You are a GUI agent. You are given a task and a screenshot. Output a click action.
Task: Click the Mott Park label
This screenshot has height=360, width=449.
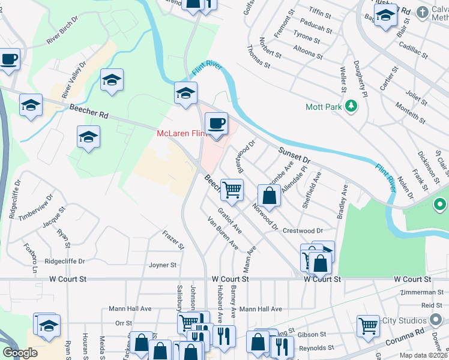(323, 107)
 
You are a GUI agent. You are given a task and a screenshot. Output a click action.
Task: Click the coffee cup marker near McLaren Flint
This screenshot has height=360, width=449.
(216, 124)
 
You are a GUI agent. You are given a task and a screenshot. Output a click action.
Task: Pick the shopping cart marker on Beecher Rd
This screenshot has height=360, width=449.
(232, 190)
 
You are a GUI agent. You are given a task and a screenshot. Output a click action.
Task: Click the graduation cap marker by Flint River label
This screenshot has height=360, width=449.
(186, 94)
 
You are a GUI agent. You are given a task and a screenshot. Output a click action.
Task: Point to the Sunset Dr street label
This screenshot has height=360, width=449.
(294, 157)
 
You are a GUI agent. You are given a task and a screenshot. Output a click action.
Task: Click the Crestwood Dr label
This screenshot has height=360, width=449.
(303, 230)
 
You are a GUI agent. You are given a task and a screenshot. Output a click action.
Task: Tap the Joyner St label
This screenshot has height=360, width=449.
(162, 265)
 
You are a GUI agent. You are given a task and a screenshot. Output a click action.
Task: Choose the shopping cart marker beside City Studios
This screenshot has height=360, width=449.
(368, 326)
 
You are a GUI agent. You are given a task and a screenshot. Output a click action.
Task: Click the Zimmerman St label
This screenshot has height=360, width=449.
(423, 292)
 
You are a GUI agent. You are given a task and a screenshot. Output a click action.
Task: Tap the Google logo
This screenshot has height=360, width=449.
(20, 353)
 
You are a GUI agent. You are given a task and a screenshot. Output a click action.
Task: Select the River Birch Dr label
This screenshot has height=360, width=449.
(62, 35)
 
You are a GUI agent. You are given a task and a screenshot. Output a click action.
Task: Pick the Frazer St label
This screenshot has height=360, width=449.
(173, 241)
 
